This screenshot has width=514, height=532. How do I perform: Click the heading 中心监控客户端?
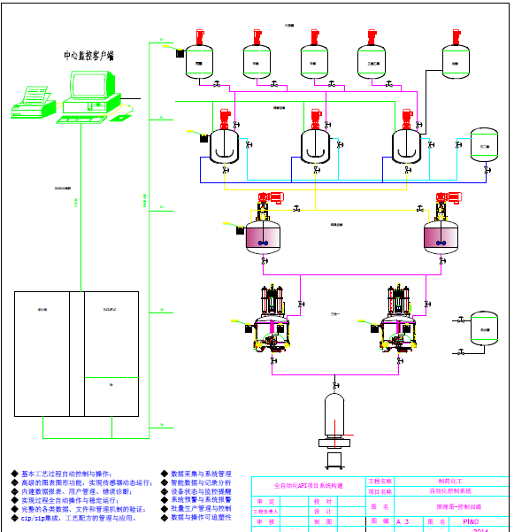pos(88,56)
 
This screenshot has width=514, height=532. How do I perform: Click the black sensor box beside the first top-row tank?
pos(180,54)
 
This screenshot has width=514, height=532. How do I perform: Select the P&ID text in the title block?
pos(470,521)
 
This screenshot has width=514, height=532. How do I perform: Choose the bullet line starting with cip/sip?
pos(80,517)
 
